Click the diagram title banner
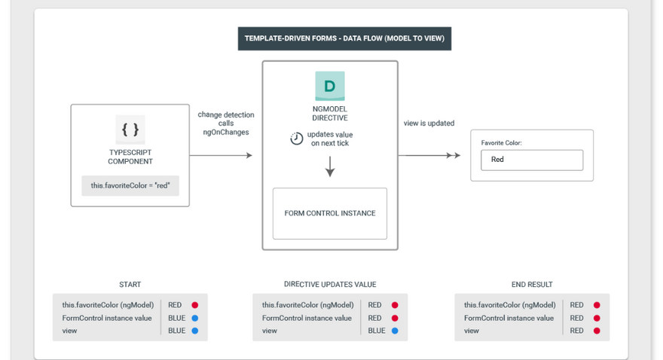pyautogui.click(x=344, y=38)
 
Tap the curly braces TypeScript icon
pyautogui.click(x=130, y=130)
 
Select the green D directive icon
pyautogui.click(x=330, y=86)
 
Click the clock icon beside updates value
pyautogui.click(x=296, y=139)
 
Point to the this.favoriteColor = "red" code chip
pyautogui.click(x=130, y=185)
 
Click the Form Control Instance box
pyautogui.click(x=330, y=213)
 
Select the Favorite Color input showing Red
pyautogui.click(x=532, y=160)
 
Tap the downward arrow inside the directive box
pyautogui.click(x=330, y=166)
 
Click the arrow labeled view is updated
pyautogui.click(x=429, y=155)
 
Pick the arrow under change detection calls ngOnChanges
pyautogui.click(x=221, y=155)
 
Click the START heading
pyautogui.click(x=130, y=285)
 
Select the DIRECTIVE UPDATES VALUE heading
pyautogui.click(x=330, y=285)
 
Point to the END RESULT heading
pyautogui.click(x=532, y=285)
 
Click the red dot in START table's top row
pyautogui.click(x=195, y=305)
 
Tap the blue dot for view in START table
pyautogui.click(x=195, y=331)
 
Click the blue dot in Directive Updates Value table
pyautogui.click(x=395, y=331)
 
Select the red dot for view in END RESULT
pyautogui.click(x=597, y=331)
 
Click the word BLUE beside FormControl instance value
pyautogui.click(x=177, y=318)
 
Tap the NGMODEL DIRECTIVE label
pyautogui.click(x=330, y=113)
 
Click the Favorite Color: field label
pyautogui.click(x=502, y=143)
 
